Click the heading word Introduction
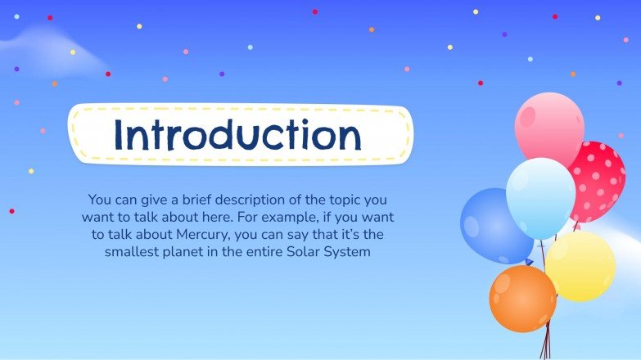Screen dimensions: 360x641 pos(237,134)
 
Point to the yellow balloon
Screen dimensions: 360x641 pos(580,266)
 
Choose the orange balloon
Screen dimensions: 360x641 pos(522,298)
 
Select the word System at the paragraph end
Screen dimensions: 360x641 pos(350,252)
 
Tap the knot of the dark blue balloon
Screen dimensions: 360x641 pos(528,263)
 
